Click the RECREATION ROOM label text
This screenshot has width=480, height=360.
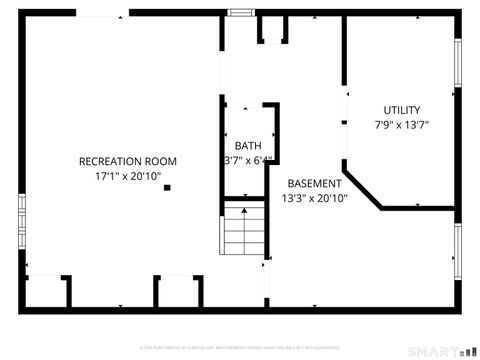pos(128,161)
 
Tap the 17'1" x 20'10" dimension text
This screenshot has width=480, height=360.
pos(128,175)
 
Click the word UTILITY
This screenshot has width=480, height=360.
pos(402,110)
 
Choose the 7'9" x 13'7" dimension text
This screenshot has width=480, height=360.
pos(402,125)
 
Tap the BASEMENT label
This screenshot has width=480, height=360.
pos(315,184)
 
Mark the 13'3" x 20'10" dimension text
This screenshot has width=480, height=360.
pos(315,198)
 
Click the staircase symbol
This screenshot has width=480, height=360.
pos(243,230)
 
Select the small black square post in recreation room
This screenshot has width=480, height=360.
pos(168,187)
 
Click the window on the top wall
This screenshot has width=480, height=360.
pos(240,12)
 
